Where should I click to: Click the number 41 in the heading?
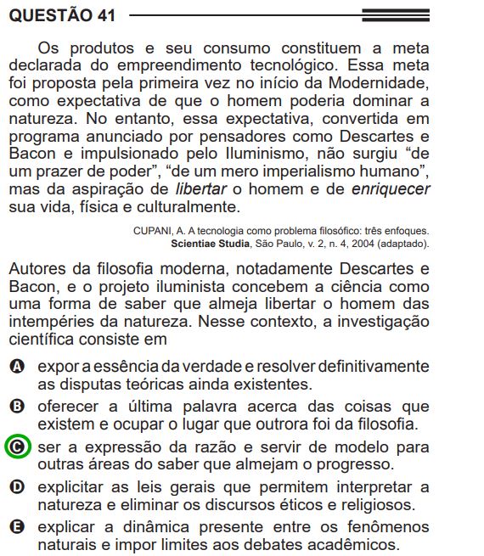point(104,14)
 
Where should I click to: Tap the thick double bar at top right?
point(395,14)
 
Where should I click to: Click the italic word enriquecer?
point(391,190)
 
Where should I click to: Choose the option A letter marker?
point(17,366)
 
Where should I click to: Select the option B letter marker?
point(17,406)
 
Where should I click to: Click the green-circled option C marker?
point(17,446)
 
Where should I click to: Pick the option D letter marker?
point(17,487)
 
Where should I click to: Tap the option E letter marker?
point(17,527)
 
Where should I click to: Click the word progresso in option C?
point(357,464)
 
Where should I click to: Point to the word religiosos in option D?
point(374,505)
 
